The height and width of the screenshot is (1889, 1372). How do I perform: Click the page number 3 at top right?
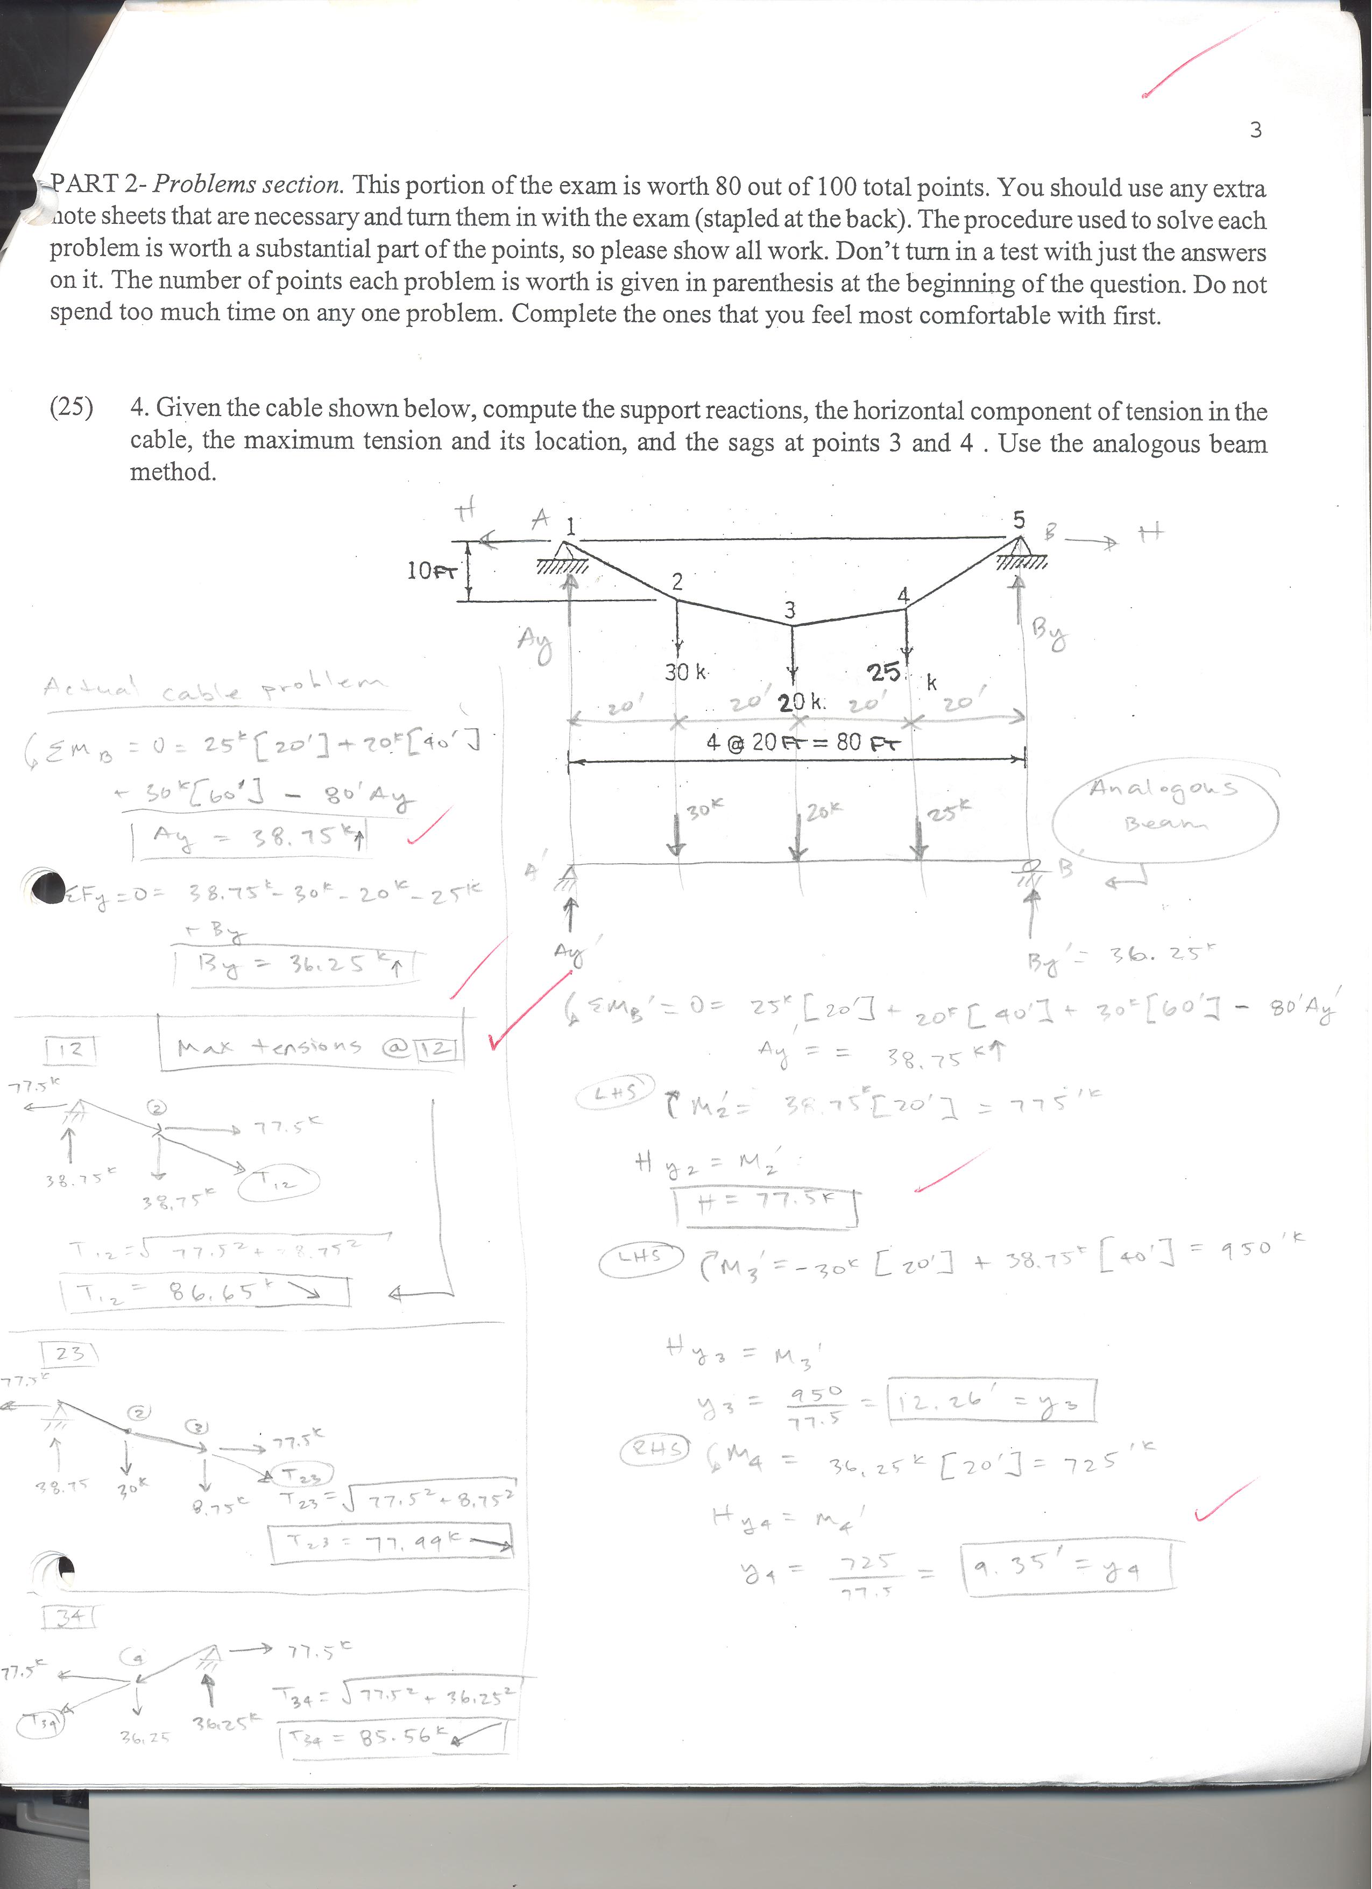click(1255, 130)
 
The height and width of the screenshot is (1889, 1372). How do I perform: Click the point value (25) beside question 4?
click(72, 408)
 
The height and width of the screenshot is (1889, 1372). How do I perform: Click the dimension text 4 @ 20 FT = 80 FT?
click(803, 741)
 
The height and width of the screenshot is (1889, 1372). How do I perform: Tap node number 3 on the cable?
click(789, 610)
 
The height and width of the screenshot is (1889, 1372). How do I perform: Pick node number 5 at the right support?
click(1018, 519)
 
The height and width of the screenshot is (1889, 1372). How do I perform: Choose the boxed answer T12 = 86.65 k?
click(204, 1292)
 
